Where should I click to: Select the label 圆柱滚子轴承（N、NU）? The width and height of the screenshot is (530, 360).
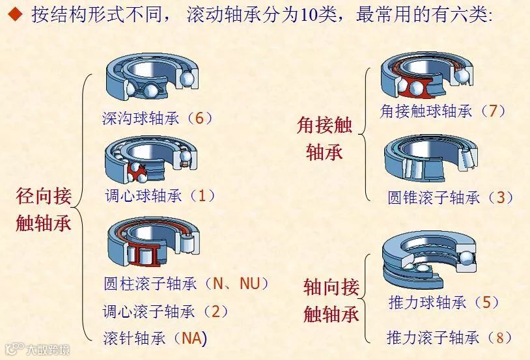pyautogui.click(x=186, y=284)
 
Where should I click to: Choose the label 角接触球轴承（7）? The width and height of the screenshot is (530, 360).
pyautogui.click(x=443, y=111)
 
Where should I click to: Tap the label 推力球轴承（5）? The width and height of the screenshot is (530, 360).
pyautogui.click(x=443, y=303)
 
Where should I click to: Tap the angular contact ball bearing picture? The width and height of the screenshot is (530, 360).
pyautogui.click(x=426, y=75)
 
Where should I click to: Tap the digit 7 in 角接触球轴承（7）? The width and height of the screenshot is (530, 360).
pyautogui.click(x=492, y=111)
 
